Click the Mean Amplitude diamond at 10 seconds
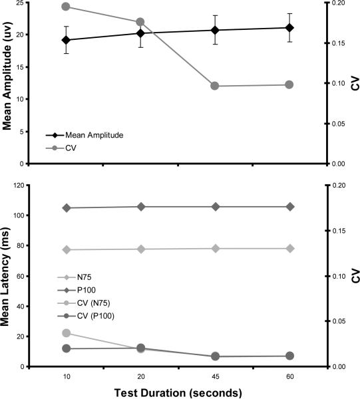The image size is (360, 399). tap(67, 40)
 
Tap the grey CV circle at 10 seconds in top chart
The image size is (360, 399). tap(67, 7)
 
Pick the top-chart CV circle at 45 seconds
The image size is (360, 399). tap(215, 86)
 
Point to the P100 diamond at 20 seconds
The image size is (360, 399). tap(140, 207)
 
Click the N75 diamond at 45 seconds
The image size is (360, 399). tap(215, 249)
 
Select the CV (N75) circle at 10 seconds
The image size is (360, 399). tap(67, 333)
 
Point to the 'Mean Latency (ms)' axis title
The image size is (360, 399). tap(8, 275)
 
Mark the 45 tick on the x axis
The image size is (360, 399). tap(215, 376)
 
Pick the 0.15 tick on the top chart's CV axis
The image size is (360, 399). tap(341, 43)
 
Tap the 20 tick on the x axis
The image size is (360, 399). tap(140, 376)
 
